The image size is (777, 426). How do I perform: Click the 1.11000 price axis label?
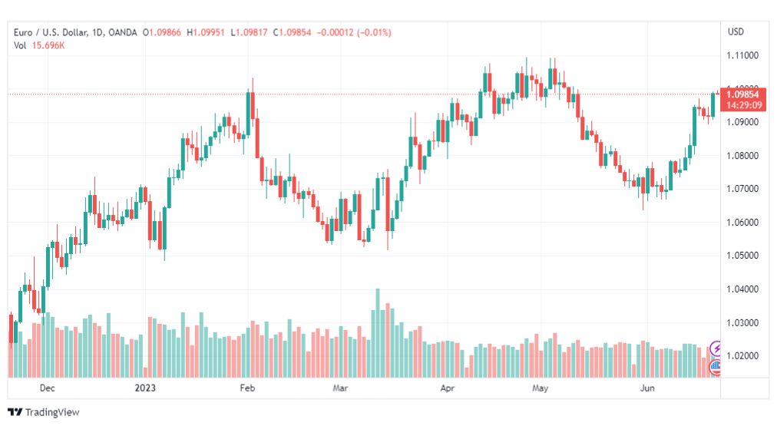pos(742,55)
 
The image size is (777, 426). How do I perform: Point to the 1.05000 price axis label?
pos(742,256)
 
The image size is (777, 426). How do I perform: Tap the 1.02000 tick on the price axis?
pos(742,355)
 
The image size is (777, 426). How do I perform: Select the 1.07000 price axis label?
pos(742,189)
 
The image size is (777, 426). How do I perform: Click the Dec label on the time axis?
pos(47,388)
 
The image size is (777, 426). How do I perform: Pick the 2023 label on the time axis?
pos(145,388)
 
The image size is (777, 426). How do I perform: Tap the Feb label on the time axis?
pos(247,388)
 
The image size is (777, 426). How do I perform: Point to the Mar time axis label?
pos(340,388)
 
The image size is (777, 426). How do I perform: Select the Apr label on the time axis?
pos(448,388)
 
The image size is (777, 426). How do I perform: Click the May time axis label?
pos(540,388)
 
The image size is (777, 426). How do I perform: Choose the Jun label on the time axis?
pos(647,388)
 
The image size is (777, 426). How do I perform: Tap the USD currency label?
pos(736,31)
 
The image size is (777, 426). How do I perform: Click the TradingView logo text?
pos(52,412)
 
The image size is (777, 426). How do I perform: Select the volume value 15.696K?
pos(48,45)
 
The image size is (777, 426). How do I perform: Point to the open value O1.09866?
pos(162,33)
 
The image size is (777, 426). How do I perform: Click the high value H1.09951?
pos(206,33)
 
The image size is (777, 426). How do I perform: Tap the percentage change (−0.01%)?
pos(374,33)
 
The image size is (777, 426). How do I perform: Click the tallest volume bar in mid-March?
pos(378,333)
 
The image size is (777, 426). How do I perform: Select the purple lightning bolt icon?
pos(716,348)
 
